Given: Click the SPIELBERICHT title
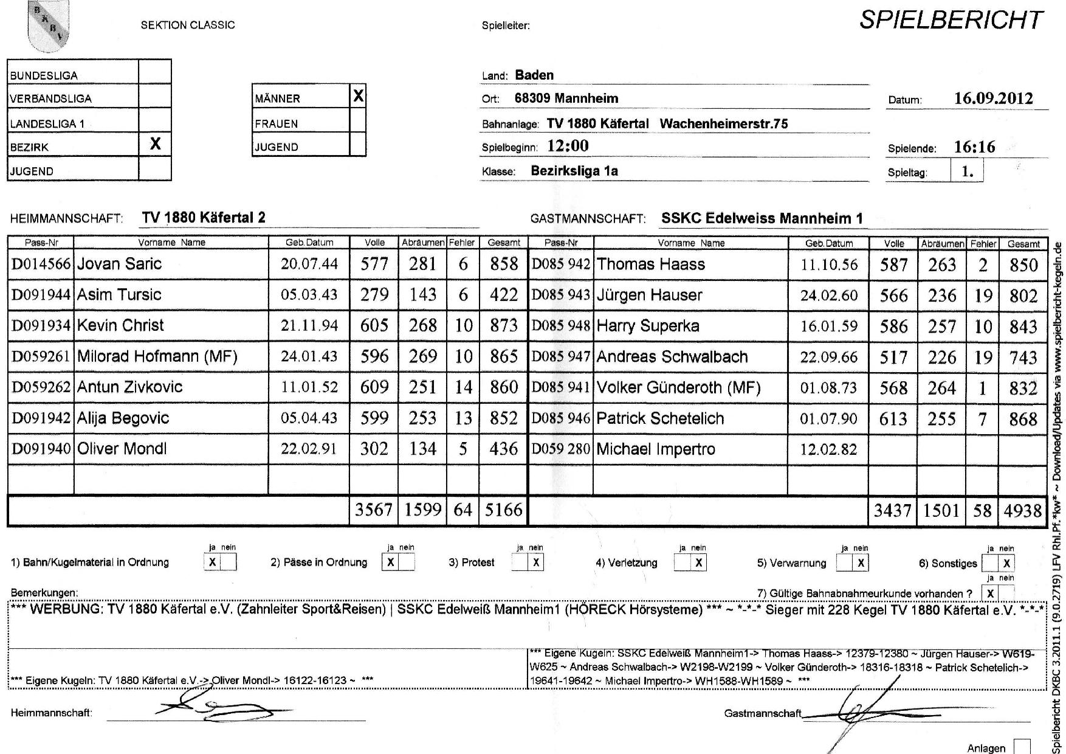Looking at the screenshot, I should [951, 21].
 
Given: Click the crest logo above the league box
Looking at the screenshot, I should [49, 24].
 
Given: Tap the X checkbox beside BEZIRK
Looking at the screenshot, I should [155, 144].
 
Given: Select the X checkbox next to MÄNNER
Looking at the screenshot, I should [358, 95].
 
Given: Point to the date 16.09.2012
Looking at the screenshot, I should [993, 99].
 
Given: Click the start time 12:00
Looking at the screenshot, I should [568, 146].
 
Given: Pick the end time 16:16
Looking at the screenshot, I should [974, 147].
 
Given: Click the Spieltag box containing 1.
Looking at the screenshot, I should [967, 171].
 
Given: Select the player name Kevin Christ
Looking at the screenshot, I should [120, 325].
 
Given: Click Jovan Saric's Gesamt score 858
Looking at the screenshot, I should [504, 264].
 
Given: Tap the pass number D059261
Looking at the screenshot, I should [41, 356].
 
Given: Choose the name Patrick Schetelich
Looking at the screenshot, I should [660, 418].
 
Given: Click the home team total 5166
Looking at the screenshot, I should [503, 510].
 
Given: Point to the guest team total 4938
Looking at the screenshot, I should [1023, 511].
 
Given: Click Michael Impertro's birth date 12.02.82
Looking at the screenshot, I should [828, 449].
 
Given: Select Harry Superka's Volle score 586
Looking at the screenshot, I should [893, 327].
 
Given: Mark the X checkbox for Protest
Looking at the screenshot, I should [535, 562].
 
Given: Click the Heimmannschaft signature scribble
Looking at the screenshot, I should [219, 708].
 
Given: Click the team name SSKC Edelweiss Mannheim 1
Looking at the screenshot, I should [762, 218].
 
